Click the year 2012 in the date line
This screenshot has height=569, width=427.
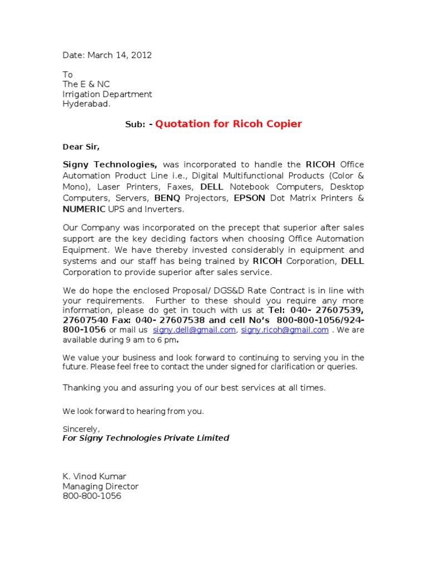141,55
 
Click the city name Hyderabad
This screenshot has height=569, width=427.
86,104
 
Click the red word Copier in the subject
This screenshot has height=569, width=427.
283,124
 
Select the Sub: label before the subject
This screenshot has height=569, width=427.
135,124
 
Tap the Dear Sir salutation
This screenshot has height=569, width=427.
81,147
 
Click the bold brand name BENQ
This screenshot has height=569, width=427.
168,198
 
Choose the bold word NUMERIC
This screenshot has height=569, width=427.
84,209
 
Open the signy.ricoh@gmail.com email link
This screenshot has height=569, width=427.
285,330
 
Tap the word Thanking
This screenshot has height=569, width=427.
81,388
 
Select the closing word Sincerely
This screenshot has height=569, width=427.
81,429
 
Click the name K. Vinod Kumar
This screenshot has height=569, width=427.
95,477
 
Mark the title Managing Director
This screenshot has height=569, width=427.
101,487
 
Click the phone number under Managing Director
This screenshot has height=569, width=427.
92,496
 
